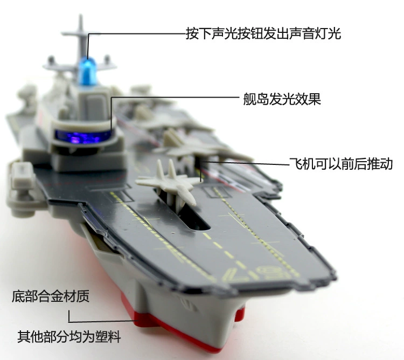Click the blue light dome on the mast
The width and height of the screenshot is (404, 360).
coord(88,71)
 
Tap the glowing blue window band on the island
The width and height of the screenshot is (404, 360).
coord(83,136)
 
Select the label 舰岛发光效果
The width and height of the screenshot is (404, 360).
coord(282,99)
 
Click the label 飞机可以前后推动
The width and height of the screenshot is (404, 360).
coord(341,164)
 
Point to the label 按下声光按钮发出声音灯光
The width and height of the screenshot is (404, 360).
coord(263,33)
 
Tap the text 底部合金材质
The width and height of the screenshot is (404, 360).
coord(51,296)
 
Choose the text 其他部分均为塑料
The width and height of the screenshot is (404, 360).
coord(69,336)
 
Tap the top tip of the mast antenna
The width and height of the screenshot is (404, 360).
coord(81,16)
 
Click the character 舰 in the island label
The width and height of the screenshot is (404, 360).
coord(249,99)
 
